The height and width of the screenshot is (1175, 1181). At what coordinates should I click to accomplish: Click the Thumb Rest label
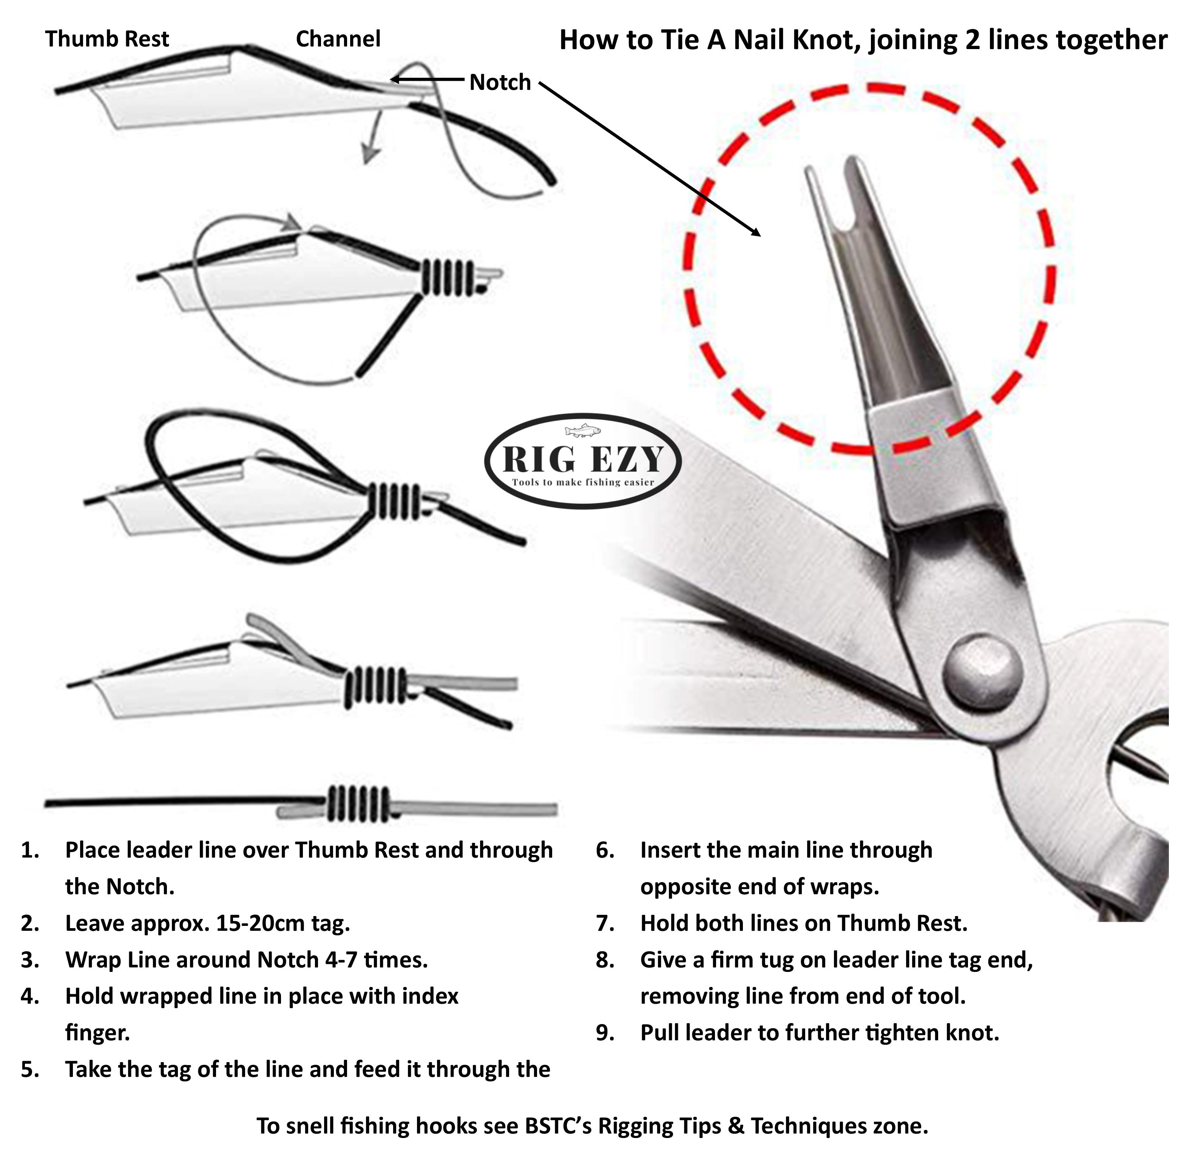tap(107, 39)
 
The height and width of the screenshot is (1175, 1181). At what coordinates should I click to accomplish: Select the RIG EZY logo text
tap(582, 459)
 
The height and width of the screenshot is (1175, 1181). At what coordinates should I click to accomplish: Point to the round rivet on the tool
tap(983, 670)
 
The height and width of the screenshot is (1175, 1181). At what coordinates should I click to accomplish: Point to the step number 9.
tap(605, 1033)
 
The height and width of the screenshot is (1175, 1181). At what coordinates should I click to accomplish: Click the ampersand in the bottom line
tap(736, 1126)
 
